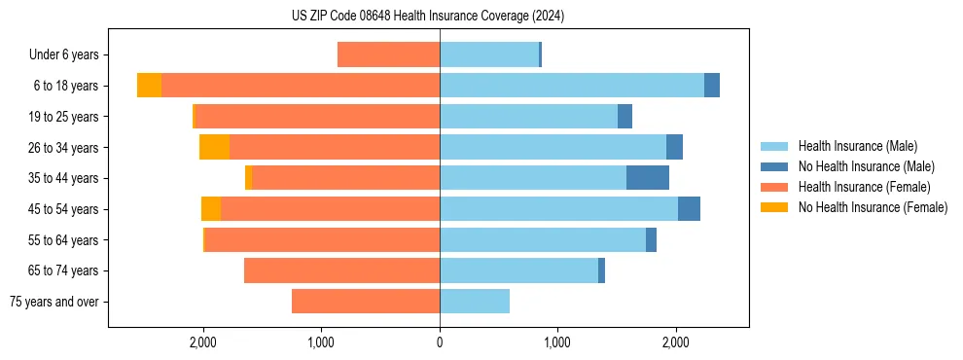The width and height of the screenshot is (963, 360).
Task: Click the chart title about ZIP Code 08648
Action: coord(427,16)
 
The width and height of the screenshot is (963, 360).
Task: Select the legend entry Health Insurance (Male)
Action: coord(857,146)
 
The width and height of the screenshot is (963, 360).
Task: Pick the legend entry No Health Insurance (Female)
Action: coord(873,207)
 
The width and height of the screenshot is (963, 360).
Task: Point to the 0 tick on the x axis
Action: coord(440,342)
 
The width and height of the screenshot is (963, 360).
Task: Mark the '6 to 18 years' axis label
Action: coord(65,86)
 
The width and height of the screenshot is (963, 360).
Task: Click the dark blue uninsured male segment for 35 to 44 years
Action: coord(648,177)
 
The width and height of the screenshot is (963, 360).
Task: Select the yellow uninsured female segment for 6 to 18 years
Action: coord(149,86)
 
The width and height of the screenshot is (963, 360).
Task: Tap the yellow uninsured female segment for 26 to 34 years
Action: coord(214,147)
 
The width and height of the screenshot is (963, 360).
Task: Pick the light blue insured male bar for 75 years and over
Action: coord(475,302)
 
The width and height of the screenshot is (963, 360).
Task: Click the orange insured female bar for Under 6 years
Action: coord(388,54)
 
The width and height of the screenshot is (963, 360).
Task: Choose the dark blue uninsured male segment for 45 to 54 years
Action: coord(689,208)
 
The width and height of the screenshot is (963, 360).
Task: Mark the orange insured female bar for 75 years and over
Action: coord(366,302)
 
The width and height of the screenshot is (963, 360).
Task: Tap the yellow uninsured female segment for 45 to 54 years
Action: coord(211,208)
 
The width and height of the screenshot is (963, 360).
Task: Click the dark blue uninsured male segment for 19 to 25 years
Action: coord(624,116)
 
